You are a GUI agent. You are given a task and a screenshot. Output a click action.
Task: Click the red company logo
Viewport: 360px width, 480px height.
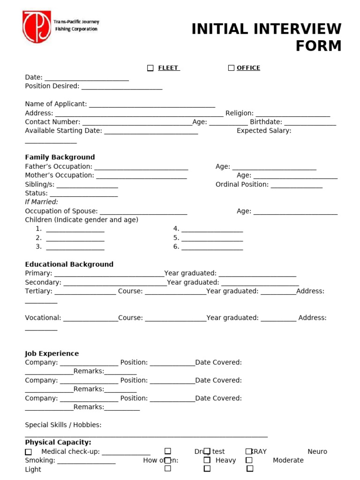37,26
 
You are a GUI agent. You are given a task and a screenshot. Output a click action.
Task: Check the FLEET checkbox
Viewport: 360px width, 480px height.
150,68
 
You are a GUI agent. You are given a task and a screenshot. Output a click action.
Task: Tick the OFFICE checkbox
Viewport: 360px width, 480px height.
231,68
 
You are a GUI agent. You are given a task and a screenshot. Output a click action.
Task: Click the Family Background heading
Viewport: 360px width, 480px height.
60,157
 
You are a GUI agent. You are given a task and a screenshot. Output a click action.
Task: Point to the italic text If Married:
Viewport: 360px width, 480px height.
41,202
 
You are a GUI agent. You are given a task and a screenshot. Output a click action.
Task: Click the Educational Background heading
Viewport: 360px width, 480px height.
69,264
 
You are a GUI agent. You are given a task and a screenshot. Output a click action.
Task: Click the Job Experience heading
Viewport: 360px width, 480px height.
52,353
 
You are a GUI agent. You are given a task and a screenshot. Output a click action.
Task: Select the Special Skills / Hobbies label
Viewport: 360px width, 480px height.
63,425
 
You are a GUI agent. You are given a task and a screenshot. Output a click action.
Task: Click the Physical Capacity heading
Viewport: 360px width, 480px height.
58,442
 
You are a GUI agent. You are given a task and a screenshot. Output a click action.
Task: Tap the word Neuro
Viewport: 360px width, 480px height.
317,451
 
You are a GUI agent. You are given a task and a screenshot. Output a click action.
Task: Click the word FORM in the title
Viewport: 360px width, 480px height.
318,46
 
